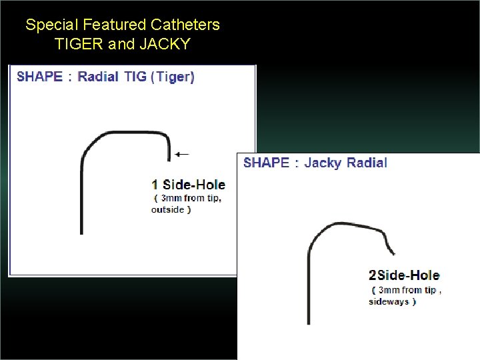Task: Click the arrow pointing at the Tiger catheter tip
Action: click(181, 154)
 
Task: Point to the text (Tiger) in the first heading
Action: click(173, 76)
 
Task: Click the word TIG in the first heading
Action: click(135, 76)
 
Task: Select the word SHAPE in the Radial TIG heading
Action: click(39, 76)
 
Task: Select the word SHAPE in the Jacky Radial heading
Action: click(266, 163)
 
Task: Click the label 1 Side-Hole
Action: click(188, 185)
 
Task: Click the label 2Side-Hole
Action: click(403, 275)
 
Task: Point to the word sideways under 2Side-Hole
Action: click(388, 301)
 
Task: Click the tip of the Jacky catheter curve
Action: click(394, 254)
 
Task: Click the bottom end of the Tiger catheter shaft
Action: click(81, 233)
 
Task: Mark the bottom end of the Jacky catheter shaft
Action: click(308, 324)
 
